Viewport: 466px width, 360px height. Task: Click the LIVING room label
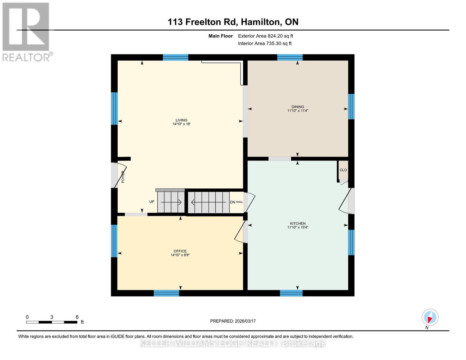181,120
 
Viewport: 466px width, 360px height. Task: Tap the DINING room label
298,107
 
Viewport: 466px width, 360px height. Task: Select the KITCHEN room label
298,223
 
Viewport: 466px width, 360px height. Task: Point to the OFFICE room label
180,251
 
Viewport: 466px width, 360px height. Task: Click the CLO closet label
343,170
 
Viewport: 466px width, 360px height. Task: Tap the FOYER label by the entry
123,177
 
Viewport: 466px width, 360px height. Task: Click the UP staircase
171,202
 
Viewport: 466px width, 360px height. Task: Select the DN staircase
209,202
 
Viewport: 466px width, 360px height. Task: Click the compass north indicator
430,317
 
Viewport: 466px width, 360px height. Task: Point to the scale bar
52,322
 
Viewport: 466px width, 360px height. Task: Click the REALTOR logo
26,31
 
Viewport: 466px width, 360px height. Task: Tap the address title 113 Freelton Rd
233,22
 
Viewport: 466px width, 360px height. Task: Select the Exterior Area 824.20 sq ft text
265,36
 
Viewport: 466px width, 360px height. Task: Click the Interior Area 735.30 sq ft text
265,43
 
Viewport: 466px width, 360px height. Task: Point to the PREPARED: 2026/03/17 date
233,321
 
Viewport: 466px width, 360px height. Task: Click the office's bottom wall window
166,293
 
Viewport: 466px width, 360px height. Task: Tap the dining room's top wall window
290,57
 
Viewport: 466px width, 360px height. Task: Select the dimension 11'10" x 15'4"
298,227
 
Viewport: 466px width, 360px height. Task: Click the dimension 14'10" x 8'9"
180,255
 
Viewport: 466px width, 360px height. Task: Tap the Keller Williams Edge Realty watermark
233,343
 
